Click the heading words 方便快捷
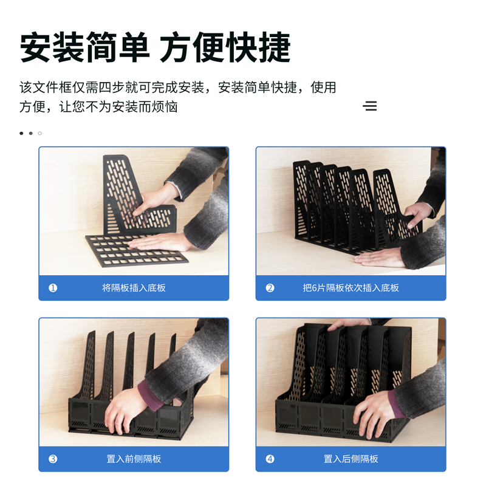225,47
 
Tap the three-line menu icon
369,106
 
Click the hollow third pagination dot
40,133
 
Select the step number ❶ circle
53,288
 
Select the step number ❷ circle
270,288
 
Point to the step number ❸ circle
53,459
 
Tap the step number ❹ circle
270,459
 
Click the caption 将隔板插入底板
134,288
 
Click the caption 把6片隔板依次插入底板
351,288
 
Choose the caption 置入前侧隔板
134,459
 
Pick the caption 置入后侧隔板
351,459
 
